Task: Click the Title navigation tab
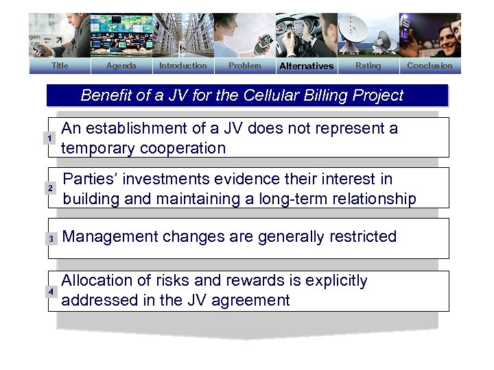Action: [60, 66]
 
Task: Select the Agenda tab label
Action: [121, 66]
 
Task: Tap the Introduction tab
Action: [183, 66]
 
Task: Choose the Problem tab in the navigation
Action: [244, 66]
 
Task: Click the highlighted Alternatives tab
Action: [306, 66]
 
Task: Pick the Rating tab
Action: [368, 66]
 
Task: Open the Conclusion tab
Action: [430, 66]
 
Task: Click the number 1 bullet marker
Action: [49, 138]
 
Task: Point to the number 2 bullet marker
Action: [49, 188]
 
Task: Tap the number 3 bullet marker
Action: [49, 239]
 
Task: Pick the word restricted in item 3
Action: [361, 236]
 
